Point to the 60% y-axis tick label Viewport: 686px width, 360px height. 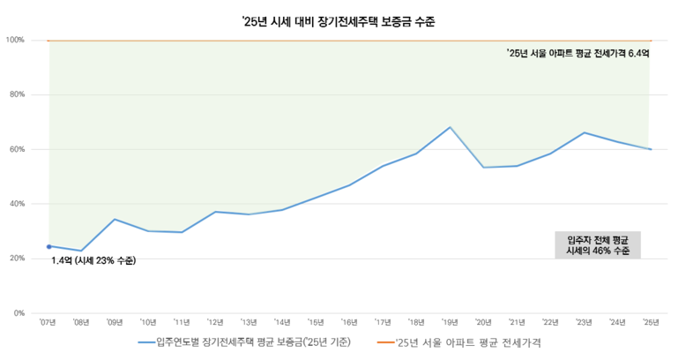point(15,149)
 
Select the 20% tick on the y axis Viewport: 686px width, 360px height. point(15,259)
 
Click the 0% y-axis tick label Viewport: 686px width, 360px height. point(18,313)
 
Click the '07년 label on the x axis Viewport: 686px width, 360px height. point(48,323)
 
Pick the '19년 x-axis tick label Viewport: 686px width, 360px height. point(450,323)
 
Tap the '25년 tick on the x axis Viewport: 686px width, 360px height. point(651,323)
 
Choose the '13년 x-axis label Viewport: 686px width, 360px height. point(249,323)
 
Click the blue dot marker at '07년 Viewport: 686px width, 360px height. point(48,246)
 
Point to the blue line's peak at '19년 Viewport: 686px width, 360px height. point(450,127)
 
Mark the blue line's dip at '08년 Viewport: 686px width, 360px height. point(81,251)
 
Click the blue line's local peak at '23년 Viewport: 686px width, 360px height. point(584,132)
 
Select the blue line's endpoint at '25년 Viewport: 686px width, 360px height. point(651,149)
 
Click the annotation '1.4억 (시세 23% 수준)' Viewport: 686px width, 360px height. point(93,261)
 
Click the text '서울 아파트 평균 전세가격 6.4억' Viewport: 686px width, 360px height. point(578,54)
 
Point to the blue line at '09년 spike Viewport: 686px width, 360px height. point(115,219)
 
